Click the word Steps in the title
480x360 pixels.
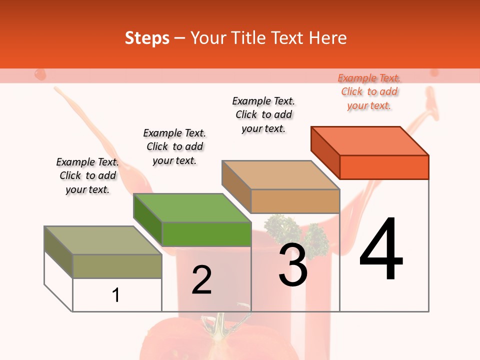click(x=147, y=38)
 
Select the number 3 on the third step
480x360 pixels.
click(x=293, y=264)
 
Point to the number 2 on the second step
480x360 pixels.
click(x=201, y=280)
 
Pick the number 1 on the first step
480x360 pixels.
click(x=115, y=295)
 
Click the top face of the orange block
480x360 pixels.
click(x=370, y=140)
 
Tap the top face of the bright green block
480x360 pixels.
click(x=192, y=207)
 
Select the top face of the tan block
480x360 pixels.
click(x=280, y=175)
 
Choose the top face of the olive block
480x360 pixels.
click(x=103, y=240)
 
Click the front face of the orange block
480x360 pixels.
click(x=384, y=167)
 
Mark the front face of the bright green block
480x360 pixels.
click(x=206, y=234)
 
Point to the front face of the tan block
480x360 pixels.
click(x=295, y=201)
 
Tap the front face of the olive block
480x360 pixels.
click(x=117, y=266)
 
